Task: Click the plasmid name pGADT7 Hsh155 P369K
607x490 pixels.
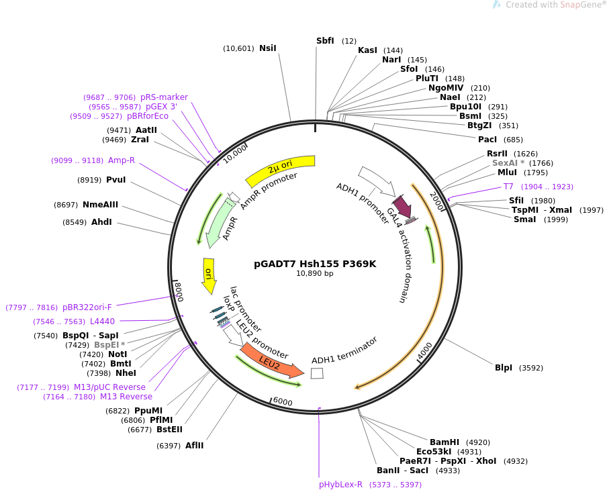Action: coord(315,264)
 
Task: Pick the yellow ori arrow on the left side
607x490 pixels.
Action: coord(209,276)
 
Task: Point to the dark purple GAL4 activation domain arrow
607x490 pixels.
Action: coord(402,206)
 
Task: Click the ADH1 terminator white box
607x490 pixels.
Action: coord(317,373)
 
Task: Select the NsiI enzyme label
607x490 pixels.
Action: coord(268,48)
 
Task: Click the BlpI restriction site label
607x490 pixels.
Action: coord(503,368)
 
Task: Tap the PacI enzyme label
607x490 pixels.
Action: coord(487,140)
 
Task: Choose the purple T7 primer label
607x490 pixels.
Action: coord(508,187)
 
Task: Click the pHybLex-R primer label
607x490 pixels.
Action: coord(340,485)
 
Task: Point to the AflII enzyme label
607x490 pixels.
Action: coord(194,446)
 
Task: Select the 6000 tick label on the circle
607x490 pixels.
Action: coord(283,401)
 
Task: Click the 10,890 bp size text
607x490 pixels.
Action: coord(315,273)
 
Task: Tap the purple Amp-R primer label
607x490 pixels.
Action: coord(122,160)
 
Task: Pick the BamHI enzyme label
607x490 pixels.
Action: coord(445,442)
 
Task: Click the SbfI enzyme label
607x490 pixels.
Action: coord(325,41)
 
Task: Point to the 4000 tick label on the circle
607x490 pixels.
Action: coord(424,350)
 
